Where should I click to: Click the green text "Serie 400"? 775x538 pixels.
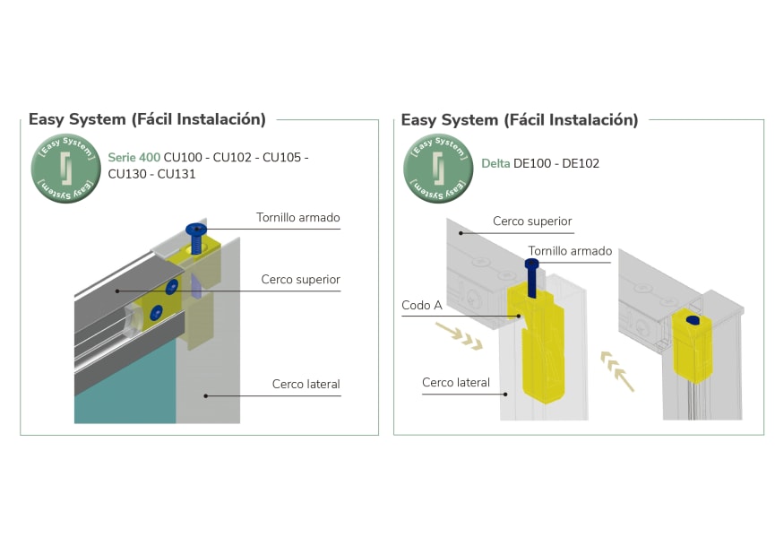133,157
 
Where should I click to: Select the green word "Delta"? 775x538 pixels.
495,163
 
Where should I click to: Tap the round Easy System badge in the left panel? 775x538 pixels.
64,168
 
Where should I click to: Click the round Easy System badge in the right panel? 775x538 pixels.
438,168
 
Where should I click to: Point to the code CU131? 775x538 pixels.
177,174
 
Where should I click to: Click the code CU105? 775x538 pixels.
282,157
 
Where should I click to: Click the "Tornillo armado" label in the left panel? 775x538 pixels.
297,217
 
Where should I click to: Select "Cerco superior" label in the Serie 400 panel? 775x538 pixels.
300,279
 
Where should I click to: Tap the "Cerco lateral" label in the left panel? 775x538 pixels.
306,384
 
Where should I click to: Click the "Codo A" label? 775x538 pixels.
422,306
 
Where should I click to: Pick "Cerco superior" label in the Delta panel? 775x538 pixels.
532,221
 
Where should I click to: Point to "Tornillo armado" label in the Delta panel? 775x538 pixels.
570,251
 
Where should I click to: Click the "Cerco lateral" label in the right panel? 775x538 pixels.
456,383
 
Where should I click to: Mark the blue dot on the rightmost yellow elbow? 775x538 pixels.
692,319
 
